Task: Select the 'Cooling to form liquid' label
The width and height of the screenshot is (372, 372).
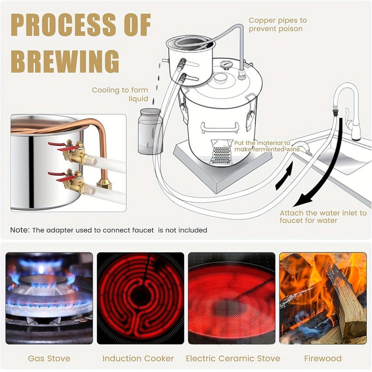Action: pos(120,94)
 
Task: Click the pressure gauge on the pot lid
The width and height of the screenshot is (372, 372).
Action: pos(227,66)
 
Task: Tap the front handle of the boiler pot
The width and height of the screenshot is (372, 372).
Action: pos(220,127)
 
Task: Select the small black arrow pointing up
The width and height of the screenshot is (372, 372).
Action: pos(284,177)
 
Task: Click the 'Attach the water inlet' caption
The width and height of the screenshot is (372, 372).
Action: pos(323,217)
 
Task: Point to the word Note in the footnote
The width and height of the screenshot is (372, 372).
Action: pos(20,230)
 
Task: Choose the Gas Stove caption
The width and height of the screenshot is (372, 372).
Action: pos(49,359)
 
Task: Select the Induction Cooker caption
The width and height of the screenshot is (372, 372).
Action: pos(138,359)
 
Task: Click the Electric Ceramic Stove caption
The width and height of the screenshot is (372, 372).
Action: pos(232,359)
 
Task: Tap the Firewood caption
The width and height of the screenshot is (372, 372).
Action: pos(323,359)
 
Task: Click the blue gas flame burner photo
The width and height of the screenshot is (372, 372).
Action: pos(49,298)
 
